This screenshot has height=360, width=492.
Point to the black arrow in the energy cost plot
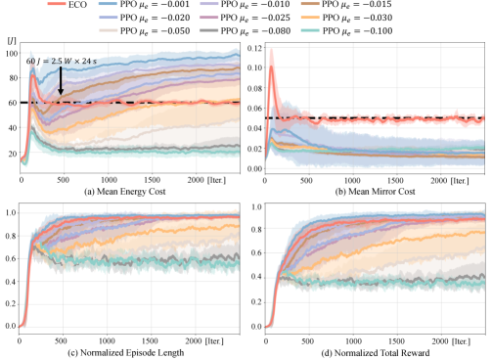click(x=61, y=84)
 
